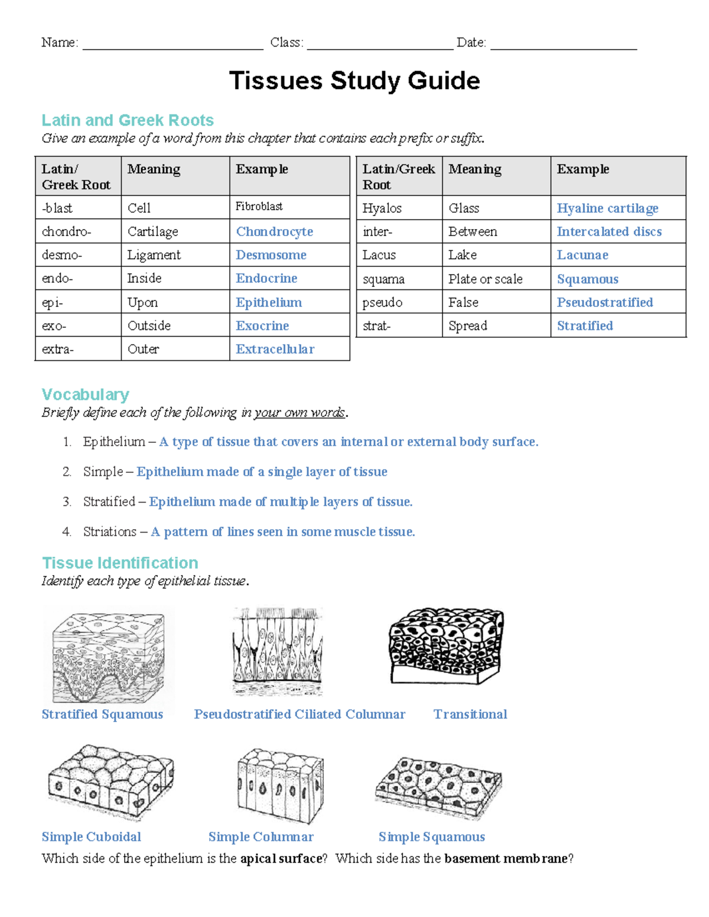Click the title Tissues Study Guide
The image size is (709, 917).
(x=354, y=81)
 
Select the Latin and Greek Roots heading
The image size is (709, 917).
(x=128, y=120)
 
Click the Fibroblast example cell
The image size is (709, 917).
(x=259, y=206)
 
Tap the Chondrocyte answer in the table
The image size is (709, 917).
(x=274, y=231)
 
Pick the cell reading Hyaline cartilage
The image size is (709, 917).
(x=607, y=208)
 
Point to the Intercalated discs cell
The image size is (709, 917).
(x=609, y=231)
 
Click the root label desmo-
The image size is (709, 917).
(x=62, y=255)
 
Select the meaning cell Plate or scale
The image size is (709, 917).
(x=485, y=279)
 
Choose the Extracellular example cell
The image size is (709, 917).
(x=275, y=349)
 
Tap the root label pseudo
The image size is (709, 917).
(x=382, y=302)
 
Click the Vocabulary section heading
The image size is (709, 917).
(x=86, y=394)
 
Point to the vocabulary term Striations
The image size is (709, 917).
(x=110, y=531)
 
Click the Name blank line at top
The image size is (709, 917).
(x=173, y=44)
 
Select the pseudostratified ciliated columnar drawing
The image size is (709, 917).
(x=278, y=652)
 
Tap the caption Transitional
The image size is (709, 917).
(x=470, y=714)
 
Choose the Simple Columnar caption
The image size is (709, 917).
(x=261, y=837)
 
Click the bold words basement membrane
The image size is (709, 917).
(x=506, y=859)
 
